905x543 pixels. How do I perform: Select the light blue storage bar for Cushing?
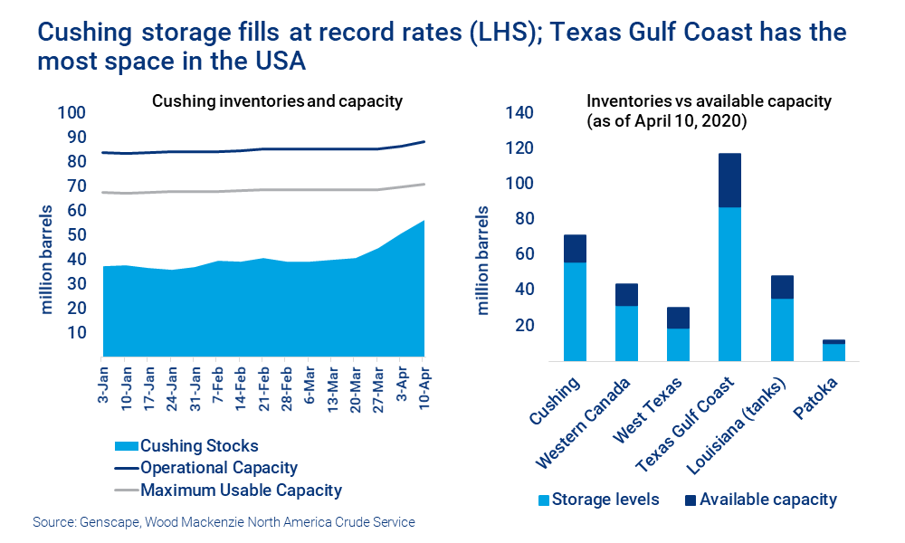pyautogui.click(x=575, y=311)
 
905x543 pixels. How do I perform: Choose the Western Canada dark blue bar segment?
pyautogui.click(x=626, y=295)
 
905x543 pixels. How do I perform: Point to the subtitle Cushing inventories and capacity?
pyautogui.click(x=277, y=100)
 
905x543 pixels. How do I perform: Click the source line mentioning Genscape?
pyautogui.click(x=224, y=522)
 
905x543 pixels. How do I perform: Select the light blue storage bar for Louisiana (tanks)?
pyautogui.click(x=782, y=329)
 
